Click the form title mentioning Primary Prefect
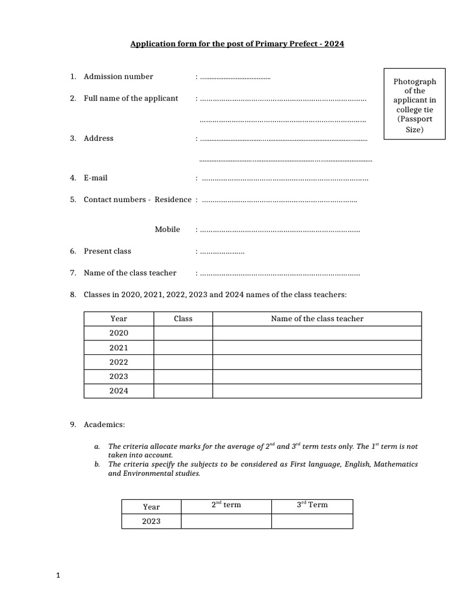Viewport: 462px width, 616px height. click(x=238, y=45)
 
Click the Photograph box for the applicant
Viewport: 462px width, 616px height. click(x=414, y=105)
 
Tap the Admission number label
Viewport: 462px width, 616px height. click(x=118, y=76)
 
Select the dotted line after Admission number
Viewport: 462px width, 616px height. click(x=235, y=78)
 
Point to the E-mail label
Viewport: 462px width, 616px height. click(x=96, y=178)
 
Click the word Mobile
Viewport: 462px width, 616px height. click(x=167, y=230)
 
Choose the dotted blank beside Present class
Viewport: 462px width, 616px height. click(x=222, y=252)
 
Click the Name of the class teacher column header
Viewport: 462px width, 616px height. click(x=317, y=319)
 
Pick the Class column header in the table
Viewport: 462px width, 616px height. click(x=183, y=319)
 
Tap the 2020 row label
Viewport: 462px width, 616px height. click(x=119, y=333)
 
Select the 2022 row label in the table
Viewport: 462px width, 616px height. click(x=119, y=362)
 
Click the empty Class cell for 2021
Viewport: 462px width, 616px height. click(x=183, y=348)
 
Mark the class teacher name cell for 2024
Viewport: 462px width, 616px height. click(x=317, y=391)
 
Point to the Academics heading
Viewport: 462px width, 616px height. click(x=104, y=425)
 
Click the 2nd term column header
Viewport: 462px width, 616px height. click(x=226, y=505)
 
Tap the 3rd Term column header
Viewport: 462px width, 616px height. click(x=312, y=505)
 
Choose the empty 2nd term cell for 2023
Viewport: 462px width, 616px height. click(x=226, y=521)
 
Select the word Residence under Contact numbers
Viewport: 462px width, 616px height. click(x=173, y=200)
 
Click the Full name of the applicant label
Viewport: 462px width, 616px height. click(x=131, y=99)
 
